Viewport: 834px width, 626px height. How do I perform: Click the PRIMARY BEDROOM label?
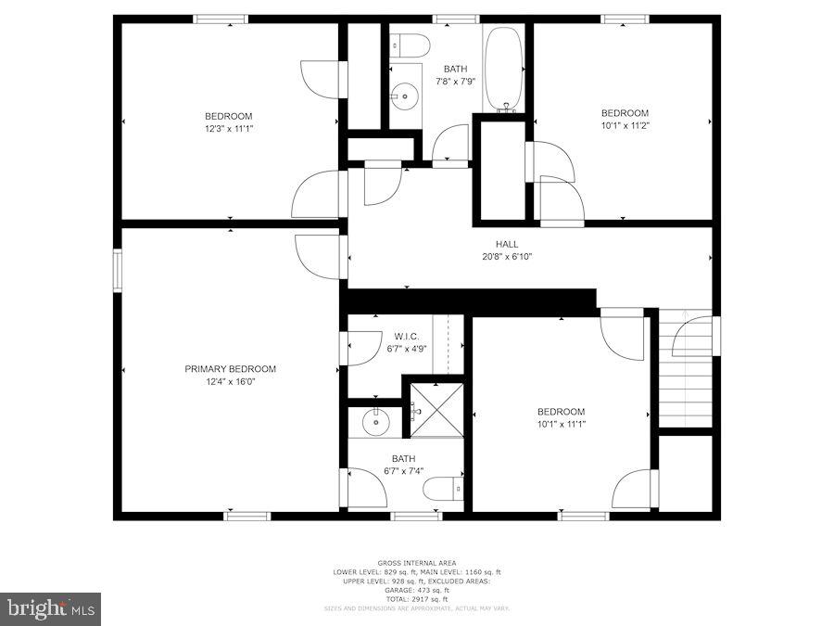point(230,369)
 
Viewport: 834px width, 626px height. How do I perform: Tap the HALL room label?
point(507,244)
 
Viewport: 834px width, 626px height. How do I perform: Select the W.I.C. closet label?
point(406,337)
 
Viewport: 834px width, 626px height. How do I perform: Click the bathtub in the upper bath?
point(504,70)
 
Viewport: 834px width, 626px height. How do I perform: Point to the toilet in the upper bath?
point(410,45)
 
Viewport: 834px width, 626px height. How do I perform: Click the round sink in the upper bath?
point(405,94)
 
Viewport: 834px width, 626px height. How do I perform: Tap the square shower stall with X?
point(436,409)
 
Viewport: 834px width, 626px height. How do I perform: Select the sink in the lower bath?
point(375,423)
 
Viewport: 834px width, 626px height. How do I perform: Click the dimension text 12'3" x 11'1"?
point(229,129)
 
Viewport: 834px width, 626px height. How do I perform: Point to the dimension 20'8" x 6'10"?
point(507,257)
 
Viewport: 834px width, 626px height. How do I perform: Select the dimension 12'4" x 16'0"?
point(230,381)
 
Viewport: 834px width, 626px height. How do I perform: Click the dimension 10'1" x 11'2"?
point(625,126)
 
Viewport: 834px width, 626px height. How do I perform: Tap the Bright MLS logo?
point(51,609)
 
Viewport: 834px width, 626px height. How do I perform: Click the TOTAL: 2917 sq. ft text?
point(416,598)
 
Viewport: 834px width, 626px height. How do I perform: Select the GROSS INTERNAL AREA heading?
point(416,563)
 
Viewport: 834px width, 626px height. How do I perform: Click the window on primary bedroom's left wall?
point(118,270)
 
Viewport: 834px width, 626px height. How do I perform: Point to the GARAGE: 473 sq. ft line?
point(416,590)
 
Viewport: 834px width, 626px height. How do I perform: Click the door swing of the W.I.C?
point(363,346)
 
